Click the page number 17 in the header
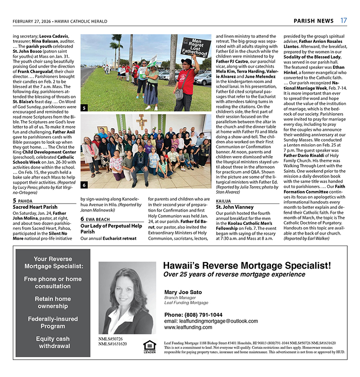coord(344,21)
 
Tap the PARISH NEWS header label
coord(313,21)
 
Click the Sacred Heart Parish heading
coord(35,207)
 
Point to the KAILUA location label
coord(224,200)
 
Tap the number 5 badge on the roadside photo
coord(84,108)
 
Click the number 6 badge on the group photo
coord(84,185)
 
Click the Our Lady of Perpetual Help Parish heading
coord(111,229)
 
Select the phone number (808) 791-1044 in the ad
coord(194,315)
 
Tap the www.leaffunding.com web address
coord(188,327)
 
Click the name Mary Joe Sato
coord(184,292)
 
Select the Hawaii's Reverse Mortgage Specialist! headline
coord(246,265)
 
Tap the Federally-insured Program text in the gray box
coord(53,322)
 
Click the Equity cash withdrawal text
coord(53,342)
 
